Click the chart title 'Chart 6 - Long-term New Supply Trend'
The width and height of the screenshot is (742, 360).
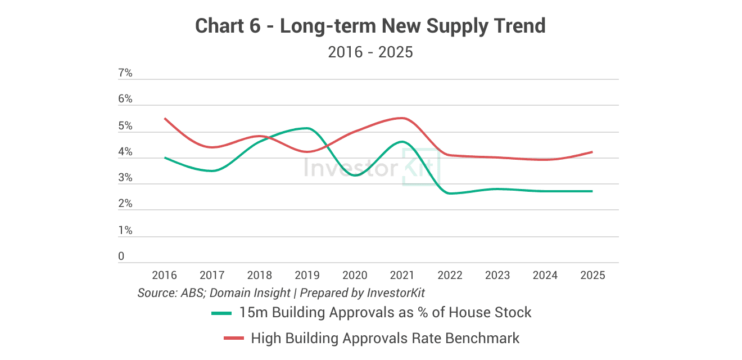pos(370,26)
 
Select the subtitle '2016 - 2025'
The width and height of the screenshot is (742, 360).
pos(370,52)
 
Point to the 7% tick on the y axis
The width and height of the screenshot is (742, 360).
pos(125,73)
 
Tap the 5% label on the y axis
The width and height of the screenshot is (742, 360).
pos(125,126)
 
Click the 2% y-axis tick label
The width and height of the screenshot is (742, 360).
pos(125,204)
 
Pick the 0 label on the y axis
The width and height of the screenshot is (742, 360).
pos(121,256)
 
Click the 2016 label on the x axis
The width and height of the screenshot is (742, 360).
pos(164,275)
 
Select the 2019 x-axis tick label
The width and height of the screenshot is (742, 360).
pos(307,275)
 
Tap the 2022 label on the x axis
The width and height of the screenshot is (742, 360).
pos(450,275)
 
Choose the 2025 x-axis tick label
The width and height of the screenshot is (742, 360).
pos(592,275)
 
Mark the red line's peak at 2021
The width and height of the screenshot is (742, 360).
pos(401,118)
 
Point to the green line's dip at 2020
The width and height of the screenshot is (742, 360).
pos(354,175)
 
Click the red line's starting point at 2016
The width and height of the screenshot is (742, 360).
pos(164,118)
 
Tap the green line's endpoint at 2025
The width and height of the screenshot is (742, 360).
pos(592,191)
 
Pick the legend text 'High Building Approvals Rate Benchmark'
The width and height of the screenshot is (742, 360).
pos(385,338)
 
